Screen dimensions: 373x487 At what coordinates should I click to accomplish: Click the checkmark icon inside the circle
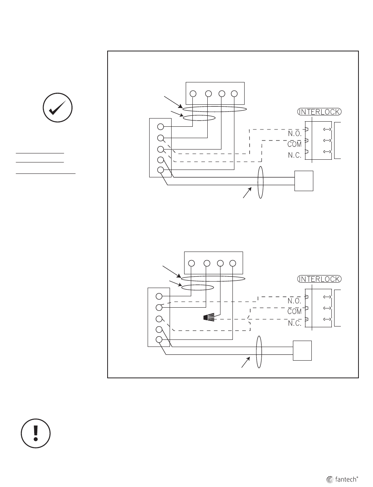coord(57,108)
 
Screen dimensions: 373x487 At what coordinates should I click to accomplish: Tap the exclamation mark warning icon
coord(36,433)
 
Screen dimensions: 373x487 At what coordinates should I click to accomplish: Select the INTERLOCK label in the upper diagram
coord(320,111)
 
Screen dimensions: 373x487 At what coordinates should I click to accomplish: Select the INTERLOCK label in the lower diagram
coord(320,279)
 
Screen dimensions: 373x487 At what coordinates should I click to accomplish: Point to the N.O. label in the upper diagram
coord(295,133)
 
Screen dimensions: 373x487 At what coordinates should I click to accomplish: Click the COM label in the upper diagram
coord(294,144)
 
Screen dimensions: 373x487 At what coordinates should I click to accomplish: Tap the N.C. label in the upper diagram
coord(295,155)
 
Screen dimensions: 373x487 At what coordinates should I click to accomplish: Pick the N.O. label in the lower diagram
coord(294,301)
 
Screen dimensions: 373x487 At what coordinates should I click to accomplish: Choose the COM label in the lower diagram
coord(294,312)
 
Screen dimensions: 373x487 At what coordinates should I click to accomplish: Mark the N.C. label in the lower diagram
coord(294,323)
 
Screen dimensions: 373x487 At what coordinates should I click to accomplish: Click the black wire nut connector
coord(209,317)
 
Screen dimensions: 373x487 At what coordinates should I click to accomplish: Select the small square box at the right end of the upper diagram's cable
coord(304,181)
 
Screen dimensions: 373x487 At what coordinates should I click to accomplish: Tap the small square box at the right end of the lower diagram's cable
coord(302,350)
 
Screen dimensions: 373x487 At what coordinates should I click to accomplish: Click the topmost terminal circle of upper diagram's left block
coord(161,127)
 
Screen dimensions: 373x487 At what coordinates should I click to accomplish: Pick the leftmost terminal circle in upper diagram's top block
coord(193,94)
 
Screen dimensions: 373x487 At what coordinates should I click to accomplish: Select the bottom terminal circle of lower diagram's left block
coord(159,339)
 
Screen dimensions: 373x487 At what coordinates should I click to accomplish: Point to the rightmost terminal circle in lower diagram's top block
coord(233,263)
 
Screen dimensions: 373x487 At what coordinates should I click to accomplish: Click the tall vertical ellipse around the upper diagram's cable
coord(258,182)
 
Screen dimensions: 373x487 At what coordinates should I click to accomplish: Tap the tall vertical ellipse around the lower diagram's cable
coord(256,352)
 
